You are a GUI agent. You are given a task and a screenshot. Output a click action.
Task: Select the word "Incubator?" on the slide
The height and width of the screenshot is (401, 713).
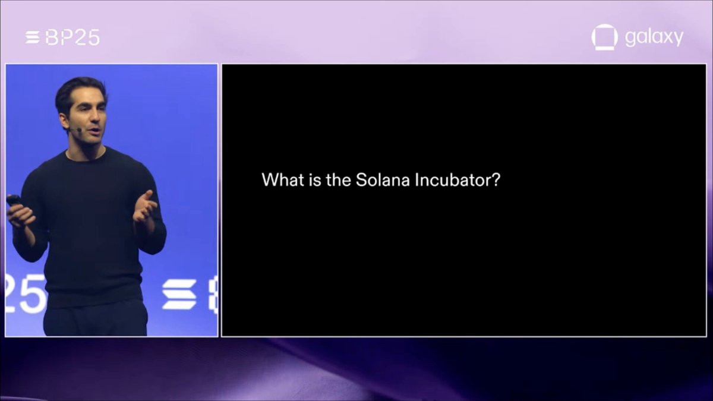[x=458, y=180]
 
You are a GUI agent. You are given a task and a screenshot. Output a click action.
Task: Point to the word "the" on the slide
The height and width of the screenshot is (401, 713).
[x=338, y=180]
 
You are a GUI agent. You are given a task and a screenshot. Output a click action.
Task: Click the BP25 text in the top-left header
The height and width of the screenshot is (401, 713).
[x=72, y=37]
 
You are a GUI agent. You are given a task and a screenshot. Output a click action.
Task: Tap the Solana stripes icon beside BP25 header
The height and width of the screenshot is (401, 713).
[x=33, y=37]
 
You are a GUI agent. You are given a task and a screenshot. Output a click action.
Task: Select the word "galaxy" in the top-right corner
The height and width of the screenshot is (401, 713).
[x=654, y=37]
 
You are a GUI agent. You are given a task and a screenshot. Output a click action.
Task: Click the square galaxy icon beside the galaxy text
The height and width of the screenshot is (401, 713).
[x=604, y=37]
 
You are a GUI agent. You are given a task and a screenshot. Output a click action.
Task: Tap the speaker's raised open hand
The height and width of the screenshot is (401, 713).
[x=145, y=206]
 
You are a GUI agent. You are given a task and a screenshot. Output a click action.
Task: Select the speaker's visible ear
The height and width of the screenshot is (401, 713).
[x=64, y=121]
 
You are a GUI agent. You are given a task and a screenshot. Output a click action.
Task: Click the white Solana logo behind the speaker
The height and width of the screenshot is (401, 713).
[x=179, y=295]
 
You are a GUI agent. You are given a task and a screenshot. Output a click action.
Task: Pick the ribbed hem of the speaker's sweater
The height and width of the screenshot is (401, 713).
[x=94, y=295]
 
